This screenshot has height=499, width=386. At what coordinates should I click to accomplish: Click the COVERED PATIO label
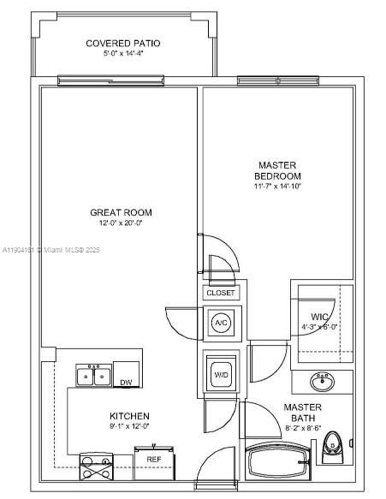122,44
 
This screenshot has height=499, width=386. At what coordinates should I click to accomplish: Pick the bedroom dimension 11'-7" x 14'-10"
278,186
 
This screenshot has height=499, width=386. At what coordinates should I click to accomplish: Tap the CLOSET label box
220,293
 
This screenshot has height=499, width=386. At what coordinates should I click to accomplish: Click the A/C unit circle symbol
221,324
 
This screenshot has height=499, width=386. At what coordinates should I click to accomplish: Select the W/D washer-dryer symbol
221,374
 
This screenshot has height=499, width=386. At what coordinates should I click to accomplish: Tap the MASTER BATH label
303,413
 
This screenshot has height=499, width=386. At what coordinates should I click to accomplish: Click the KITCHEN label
128,415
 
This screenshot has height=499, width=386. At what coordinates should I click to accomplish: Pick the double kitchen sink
94,375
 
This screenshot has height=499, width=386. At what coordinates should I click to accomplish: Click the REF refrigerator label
153,460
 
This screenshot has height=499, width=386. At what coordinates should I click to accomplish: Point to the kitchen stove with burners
95,467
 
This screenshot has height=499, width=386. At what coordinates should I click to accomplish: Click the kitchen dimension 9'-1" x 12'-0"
128,426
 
